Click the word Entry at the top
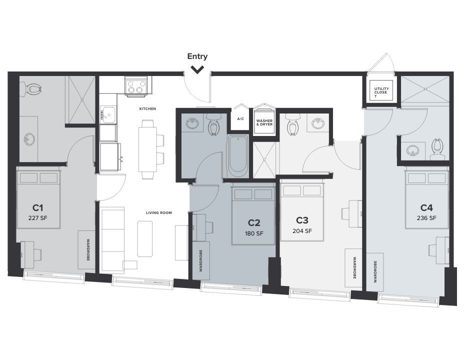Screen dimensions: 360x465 tap(197, 56)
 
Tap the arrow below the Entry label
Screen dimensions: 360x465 tap(197, 69)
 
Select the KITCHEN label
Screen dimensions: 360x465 tap(147, 108)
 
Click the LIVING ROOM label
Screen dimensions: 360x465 tap(158, 212)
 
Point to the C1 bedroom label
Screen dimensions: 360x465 tap(38, 207)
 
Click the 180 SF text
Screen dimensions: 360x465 tap(254, 233)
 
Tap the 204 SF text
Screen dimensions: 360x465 tap(302, 231)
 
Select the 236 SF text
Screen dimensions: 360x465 tap(426, 218)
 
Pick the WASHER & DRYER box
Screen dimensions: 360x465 tap(263, 121)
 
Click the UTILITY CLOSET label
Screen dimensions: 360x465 tap(381, 92)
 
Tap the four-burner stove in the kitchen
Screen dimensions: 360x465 tap(136, 86)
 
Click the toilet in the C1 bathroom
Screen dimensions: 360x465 tap(33, 89)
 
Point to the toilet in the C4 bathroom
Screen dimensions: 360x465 tap(438, 147)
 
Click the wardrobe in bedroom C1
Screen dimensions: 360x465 tap(86, 249)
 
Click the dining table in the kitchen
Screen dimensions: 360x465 tap(147, 149)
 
